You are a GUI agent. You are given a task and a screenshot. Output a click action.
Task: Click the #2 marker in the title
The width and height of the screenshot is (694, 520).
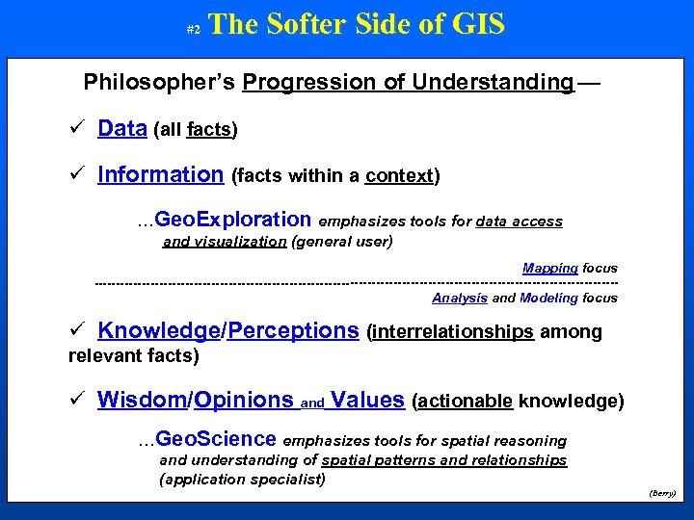pos(192,31)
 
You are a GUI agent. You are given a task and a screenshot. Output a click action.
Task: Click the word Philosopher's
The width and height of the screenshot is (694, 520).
pos(160,82)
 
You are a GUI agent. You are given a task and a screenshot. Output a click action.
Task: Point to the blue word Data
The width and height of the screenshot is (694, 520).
pos(122,128)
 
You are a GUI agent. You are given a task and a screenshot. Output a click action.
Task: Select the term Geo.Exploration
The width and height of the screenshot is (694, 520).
pos(233,220)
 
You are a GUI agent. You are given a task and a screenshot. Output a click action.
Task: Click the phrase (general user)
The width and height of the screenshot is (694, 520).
pos(342,242)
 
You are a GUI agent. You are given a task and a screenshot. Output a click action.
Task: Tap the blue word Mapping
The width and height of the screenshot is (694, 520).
pos(549,268)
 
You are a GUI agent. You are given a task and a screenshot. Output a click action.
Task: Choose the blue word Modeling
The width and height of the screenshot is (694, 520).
pos(548,298)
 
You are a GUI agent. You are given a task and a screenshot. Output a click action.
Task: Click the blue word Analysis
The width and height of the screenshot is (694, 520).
pos(460,298)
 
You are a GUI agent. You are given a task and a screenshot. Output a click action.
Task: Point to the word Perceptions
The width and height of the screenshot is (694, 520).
pos(293,331)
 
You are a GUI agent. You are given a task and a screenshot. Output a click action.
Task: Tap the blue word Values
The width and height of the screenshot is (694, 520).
pos(366,400)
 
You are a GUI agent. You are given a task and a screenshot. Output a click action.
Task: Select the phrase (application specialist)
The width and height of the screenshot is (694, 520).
pos(242,479)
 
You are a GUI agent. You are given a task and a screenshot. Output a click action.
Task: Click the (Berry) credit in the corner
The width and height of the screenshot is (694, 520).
pos(662,492)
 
